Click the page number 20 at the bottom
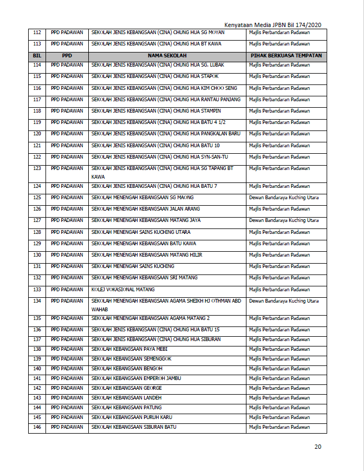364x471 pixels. [x=318, y=447]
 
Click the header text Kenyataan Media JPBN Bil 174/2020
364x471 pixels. [x=273, y=25]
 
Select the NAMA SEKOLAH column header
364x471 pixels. [x=167, y=56]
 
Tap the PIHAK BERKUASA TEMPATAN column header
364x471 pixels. [x=286, y=56]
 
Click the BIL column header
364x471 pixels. [x=37, y=56]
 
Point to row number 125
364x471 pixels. [x=37, y=198]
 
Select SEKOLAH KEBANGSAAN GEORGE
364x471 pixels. [x=127, y=388]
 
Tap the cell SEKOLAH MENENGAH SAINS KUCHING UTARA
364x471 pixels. [x=141, y=232]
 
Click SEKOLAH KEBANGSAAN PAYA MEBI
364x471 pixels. [x=129, y=349]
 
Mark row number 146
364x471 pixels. [x=37, y=427]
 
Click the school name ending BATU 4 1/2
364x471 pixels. [x=159, y=122]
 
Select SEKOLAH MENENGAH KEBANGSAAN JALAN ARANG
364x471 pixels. [x=146, y=209]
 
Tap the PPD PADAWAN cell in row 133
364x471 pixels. [x=67, y=290]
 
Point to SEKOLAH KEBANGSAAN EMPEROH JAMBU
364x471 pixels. [x=136, y=378]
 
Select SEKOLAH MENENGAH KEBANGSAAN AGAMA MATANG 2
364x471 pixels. [x=151, y=318]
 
